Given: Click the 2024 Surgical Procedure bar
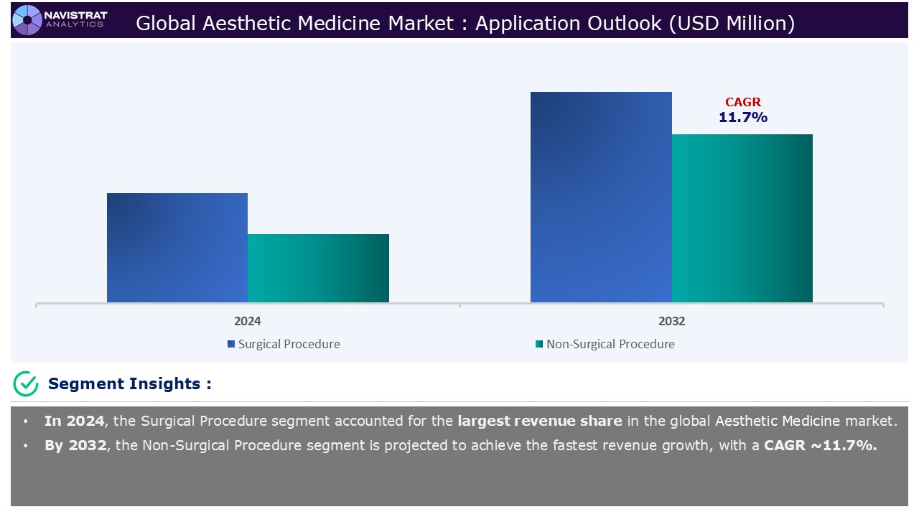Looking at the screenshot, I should (177, 248).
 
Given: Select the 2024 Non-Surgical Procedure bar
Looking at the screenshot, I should (318, 268).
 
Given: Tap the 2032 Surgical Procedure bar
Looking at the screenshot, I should (601, 197).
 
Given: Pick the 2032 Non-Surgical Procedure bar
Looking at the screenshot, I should (742, 218).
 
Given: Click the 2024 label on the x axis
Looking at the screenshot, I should (248, 321).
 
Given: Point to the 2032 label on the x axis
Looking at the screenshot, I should (671, 321).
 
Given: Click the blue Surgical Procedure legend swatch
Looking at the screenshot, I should (231, 344).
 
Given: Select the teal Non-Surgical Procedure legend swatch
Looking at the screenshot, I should (539, 344).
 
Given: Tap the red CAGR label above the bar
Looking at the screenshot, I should (742, 103).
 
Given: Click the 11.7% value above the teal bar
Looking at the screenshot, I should (742, 118).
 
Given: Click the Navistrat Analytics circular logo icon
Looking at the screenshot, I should (27, 19).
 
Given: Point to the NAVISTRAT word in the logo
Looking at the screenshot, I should (75, 14).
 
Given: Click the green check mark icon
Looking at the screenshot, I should (26, 384).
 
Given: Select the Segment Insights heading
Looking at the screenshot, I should (129, 384).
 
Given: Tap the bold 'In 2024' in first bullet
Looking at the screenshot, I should (73, 421).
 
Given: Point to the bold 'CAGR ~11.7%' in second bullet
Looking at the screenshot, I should (820, 445).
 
